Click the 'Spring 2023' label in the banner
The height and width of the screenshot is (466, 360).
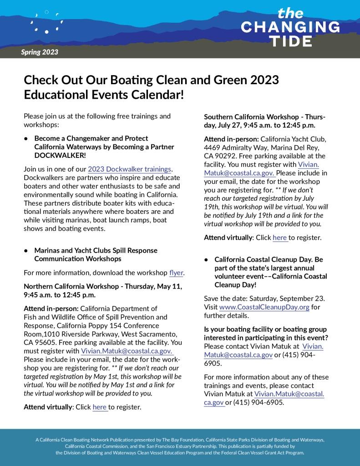[40, 52]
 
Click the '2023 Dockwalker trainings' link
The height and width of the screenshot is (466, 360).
[130, 169]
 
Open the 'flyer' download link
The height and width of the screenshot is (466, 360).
[176, 273]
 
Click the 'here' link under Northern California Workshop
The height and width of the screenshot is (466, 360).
[99, 407]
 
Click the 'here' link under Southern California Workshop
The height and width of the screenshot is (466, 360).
[279, 238]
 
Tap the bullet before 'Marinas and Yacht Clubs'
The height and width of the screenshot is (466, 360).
[26, 251]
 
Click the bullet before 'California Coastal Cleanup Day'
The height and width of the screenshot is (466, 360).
[206, 259]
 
